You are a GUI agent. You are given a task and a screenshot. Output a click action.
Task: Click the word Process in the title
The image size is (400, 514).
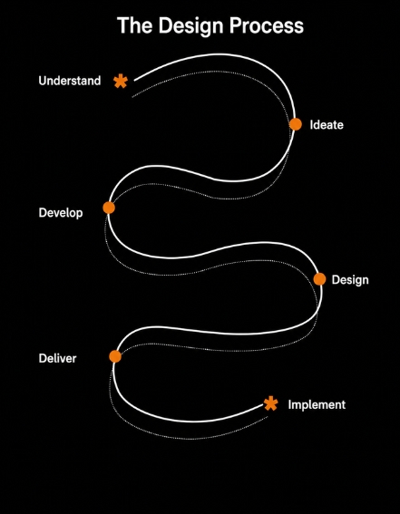(x=267, y=25)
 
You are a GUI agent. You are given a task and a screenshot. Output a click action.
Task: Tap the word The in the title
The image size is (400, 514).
(x=135, y=25)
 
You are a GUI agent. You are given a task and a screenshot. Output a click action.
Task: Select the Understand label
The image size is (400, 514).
(x=70, y=81)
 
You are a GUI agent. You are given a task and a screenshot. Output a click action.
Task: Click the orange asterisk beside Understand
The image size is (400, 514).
(x=121, y=82)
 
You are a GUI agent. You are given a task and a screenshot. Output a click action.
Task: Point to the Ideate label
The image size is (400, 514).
(x=327, y=125)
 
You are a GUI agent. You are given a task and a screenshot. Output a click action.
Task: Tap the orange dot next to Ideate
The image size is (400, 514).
(x=296, y=124)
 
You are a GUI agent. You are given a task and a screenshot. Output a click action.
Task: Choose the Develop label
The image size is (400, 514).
(x=61, y=213)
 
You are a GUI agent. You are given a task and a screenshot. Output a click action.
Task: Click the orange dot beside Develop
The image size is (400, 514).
(x=109, y=208)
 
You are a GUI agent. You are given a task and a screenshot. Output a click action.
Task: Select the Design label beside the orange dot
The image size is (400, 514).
(x=350, y=280)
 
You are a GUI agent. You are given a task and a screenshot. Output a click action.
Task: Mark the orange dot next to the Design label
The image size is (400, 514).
(x=319, y=279)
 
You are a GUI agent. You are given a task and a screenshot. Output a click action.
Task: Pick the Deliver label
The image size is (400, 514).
(x=57, y=358)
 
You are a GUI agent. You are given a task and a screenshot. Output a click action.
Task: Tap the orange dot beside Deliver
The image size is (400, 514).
(x=115, y=356)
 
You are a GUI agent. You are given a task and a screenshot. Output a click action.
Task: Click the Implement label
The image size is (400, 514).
(x=317, y=405)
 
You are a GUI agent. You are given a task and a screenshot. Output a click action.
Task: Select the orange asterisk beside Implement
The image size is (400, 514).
(x=271, y=403)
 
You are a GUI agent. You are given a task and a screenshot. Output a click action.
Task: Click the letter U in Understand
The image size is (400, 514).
(x=43, y=81)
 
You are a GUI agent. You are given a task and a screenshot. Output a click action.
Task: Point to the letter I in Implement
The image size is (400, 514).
(x=289, y=404)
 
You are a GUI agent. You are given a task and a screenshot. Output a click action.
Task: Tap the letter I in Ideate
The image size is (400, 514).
(x=311, y=125)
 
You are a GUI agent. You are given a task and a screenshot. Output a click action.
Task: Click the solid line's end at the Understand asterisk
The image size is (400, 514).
(x=134, y=80)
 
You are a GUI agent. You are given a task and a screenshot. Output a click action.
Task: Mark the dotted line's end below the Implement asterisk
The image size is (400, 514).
(x=268, y=417)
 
